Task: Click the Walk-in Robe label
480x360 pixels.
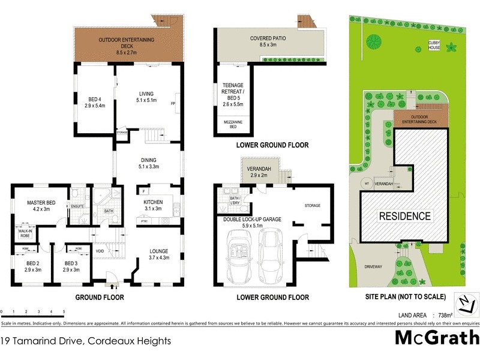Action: coord(25,232)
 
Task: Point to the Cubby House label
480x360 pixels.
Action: coord(436,45)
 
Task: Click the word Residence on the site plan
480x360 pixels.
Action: coord(404,216)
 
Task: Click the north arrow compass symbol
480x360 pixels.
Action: coord(464,303)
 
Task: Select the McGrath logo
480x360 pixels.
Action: coord(437,337)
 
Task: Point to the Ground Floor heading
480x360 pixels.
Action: coord(100,297)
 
